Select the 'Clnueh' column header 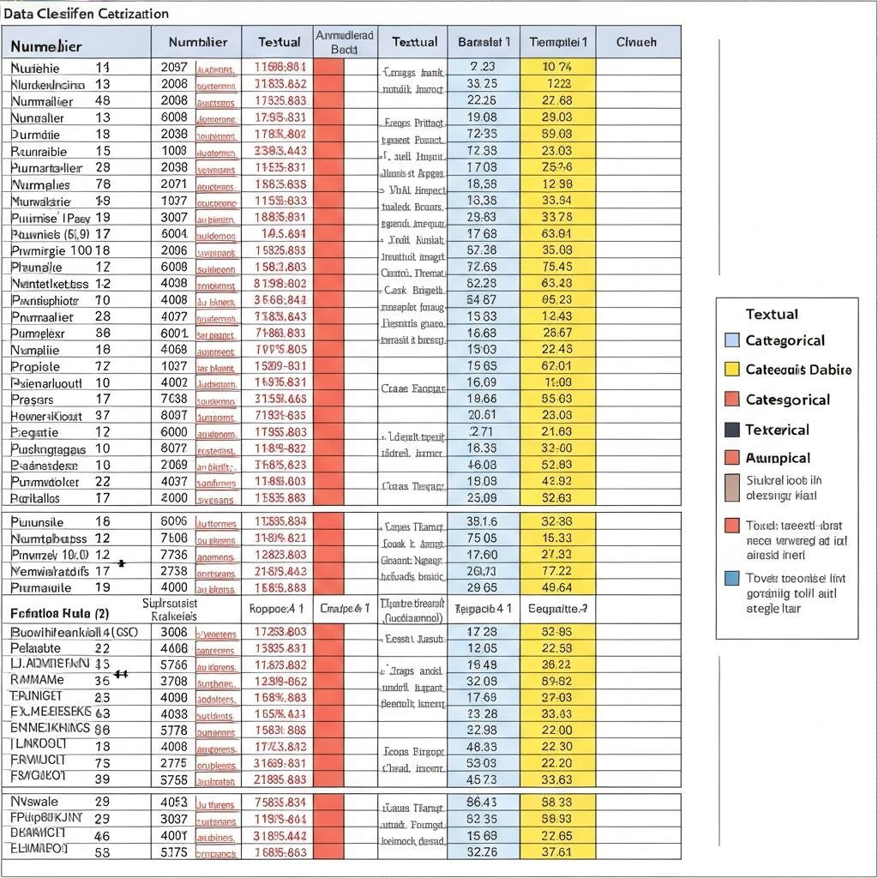(x=636, y=41)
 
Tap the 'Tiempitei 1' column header (x=558, y=41)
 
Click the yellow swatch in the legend (x=731, y=370)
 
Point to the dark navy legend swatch (x=731, y=430)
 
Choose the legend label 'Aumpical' (x=778, y=458)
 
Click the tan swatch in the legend (x=731, y=487)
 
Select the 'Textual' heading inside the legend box (x=772, y=314)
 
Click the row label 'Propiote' (x=35, y=366)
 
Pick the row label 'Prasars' (x=33, y=399)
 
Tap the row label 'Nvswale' (x=35, y=801)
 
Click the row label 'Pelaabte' (x=36, y=648)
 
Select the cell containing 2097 (x=173, y=67)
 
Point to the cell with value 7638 (x=173, y=399)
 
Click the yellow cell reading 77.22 (x=558, y=570)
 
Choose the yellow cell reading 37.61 (x=558, y=851)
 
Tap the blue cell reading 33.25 (x=483, y=84)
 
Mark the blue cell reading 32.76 (x=483, y=851)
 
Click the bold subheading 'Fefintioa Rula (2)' (x=59, y=614)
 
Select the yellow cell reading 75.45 (x=558, y=267)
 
